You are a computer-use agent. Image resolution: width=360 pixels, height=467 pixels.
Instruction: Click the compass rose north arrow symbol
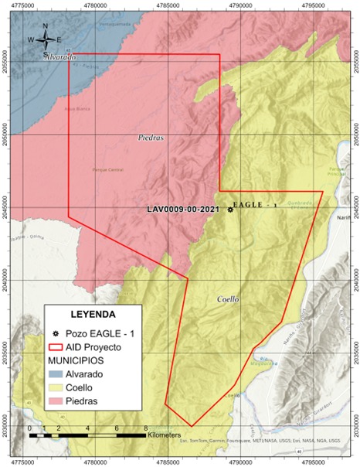point(46,38)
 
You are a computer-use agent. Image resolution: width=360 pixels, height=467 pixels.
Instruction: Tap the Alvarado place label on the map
point(59,58)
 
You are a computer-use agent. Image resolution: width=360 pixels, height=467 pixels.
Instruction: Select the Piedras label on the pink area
point(151,139)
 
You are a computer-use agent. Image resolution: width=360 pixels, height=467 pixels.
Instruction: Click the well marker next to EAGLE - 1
point(229,210)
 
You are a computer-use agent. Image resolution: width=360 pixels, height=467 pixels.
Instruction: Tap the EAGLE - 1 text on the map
point(256,206)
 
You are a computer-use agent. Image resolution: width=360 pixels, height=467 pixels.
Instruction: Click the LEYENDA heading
point(93,315)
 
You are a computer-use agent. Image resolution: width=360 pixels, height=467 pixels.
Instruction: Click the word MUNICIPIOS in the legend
point(80,360)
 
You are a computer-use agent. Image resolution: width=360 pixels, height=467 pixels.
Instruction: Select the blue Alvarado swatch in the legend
point(56,373)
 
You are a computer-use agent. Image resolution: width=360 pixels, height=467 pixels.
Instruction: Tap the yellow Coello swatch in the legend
point(56,387)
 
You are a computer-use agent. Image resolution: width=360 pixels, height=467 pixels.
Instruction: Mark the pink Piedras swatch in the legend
point(56,401)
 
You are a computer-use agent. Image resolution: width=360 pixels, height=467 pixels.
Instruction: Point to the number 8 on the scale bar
point(145,428)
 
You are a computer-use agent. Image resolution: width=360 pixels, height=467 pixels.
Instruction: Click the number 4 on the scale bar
point(88,428)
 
